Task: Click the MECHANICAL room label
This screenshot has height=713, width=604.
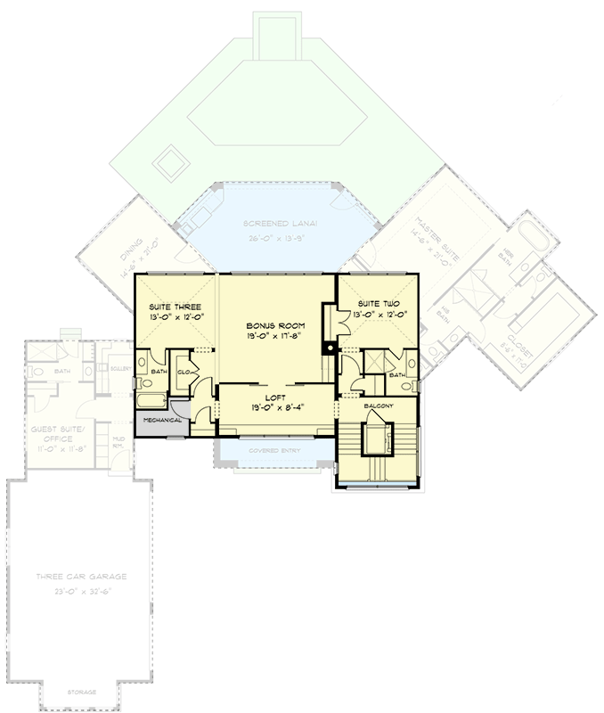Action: click(x=162, y=420)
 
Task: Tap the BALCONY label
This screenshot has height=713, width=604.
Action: click(x=379, y=406)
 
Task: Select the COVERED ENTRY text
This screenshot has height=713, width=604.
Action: click(x=274, y=451)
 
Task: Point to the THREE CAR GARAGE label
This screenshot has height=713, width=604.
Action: click(x=81, y=577)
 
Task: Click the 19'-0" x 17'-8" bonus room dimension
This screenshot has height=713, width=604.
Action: click(x=274, y=338)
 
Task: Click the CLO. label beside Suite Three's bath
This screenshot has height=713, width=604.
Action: click(x=186, y=373)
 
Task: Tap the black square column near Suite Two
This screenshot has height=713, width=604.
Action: click(x=329, y=348)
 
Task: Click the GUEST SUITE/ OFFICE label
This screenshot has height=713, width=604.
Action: click(x=57, y=433)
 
